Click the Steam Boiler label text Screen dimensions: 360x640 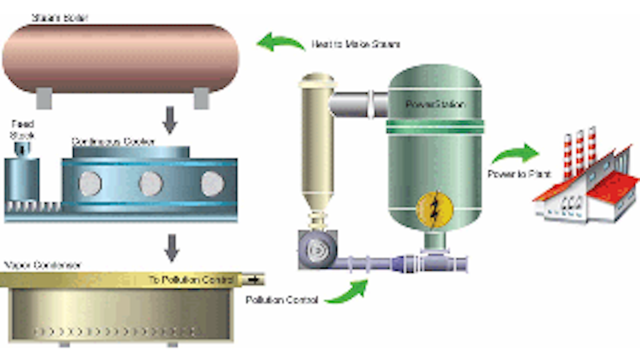[59, 18]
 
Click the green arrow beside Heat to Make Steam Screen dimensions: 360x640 [280, 42]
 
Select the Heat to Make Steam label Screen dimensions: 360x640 [356, 44]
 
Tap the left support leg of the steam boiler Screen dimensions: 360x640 [44, 98]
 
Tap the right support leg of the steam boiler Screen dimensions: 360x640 [201, 98]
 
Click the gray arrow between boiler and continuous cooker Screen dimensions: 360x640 [170, 120]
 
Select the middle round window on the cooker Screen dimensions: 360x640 [151, 184]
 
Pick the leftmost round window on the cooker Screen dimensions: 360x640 [90, 184]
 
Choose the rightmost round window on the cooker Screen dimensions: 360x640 [213, 184]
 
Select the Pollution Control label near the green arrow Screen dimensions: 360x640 [282, 300]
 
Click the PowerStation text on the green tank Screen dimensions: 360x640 [435, 105]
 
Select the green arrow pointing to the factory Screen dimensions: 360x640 [516, 154]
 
